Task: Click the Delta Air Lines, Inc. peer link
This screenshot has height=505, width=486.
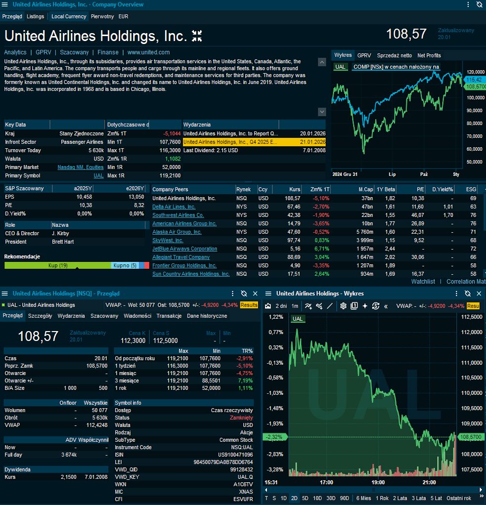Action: pyautogui.click(x=174, y=207)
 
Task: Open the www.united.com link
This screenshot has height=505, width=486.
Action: pyautogui.click(x=148, y=52)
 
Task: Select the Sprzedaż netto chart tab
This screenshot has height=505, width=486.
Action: pyautogui.click(x=394, y=55)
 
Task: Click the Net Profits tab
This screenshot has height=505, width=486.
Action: pyautogui.click(x=429, y=55)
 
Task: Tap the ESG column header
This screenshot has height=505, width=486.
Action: pyautogui.click(x=471, y=189)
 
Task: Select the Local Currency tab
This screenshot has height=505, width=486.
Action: pyautogui.click(x=69, y=16)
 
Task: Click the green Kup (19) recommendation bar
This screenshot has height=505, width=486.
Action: pyautogui.click(x=58, y=265)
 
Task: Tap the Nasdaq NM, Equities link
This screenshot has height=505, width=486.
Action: pyautogui.click(x=80, y=167)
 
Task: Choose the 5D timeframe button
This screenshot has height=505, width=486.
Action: pyautogui.click(x=305, y=498)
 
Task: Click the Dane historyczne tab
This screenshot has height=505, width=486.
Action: pyautogui.click(x=207, y=316)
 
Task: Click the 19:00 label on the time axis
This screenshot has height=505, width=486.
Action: pyautogui.click(x=378, y=482)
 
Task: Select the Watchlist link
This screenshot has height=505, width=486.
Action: pyautogui.click(x=423, y=282)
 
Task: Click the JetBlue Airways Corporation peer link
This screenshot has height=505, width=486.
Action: pyautogui.click(x=184, y=249)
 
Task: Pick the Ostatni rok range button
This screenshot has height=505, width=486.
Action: pyautogui.click(x=458, y=498)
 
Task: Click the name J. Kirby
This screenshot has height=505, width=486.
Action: pyautogui.click(x=60, y=233)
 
